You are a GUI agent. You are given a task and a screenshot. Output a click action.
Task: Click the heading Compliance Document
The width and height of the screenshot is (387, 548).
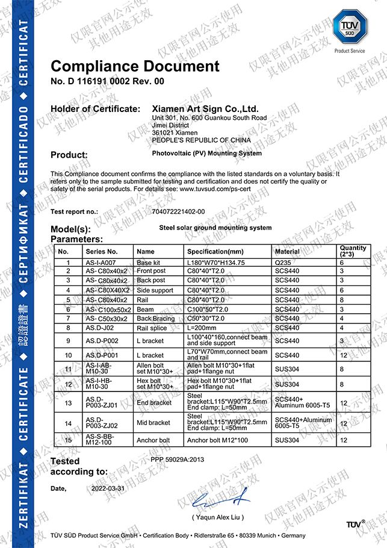click(135, 66)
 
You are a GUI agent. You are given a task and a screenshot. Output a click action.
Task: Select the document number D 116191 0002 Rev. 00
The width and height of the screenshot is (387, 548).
click(107, 81)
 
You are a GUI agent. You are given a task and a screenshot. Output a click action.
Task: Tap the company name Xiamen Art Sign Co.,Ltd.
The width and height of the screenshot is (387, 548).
click(205, 109)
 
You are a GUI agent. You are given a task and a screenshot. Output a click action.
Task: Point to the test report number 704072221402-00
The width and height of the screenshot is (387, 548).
click(179, 211)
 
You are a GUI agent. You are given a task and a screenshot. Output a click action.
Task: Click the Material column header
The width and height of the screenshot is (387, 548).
click(287, 251)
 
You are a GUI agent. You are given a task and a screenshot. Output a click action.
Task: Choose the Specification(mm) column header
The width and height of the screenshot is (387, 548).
click(215, 251)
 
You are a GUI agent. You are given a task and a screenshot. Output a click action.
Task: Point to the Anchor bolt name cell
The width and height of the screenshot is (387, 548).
click(153, 440)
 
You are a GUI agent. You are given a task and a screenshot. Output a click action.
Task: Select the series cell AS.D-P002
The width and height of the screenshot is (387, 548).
click(101, 341)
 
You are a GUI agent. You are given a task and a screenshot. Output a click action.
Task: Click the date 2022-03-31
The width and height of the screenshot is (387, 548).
click(108, 488)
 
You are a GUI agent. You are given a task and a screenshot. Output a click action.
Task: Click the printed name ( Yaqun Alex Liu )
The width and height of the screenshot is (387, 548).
click(218, 517)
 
